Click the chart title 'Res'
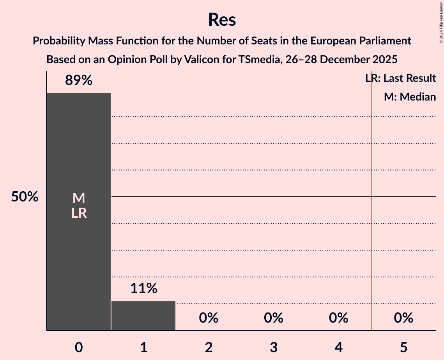click(222, 19)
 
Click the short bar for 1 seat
click(143, 316)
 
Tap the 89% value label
click(79, 81)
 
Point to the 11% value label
click(143, 288)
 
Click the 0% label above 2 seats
click(209, 318)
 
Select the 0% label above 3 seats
click(274, 318)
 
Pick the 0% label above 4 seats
click(338, 318)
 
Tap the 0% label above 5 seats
click(403, 318)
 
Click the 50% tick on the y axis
click(25, 197)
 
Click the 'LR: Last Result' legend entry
click(401, 78)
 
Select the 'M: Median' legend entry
click(410, 97)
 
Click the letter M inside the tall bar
click(79, 198)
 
